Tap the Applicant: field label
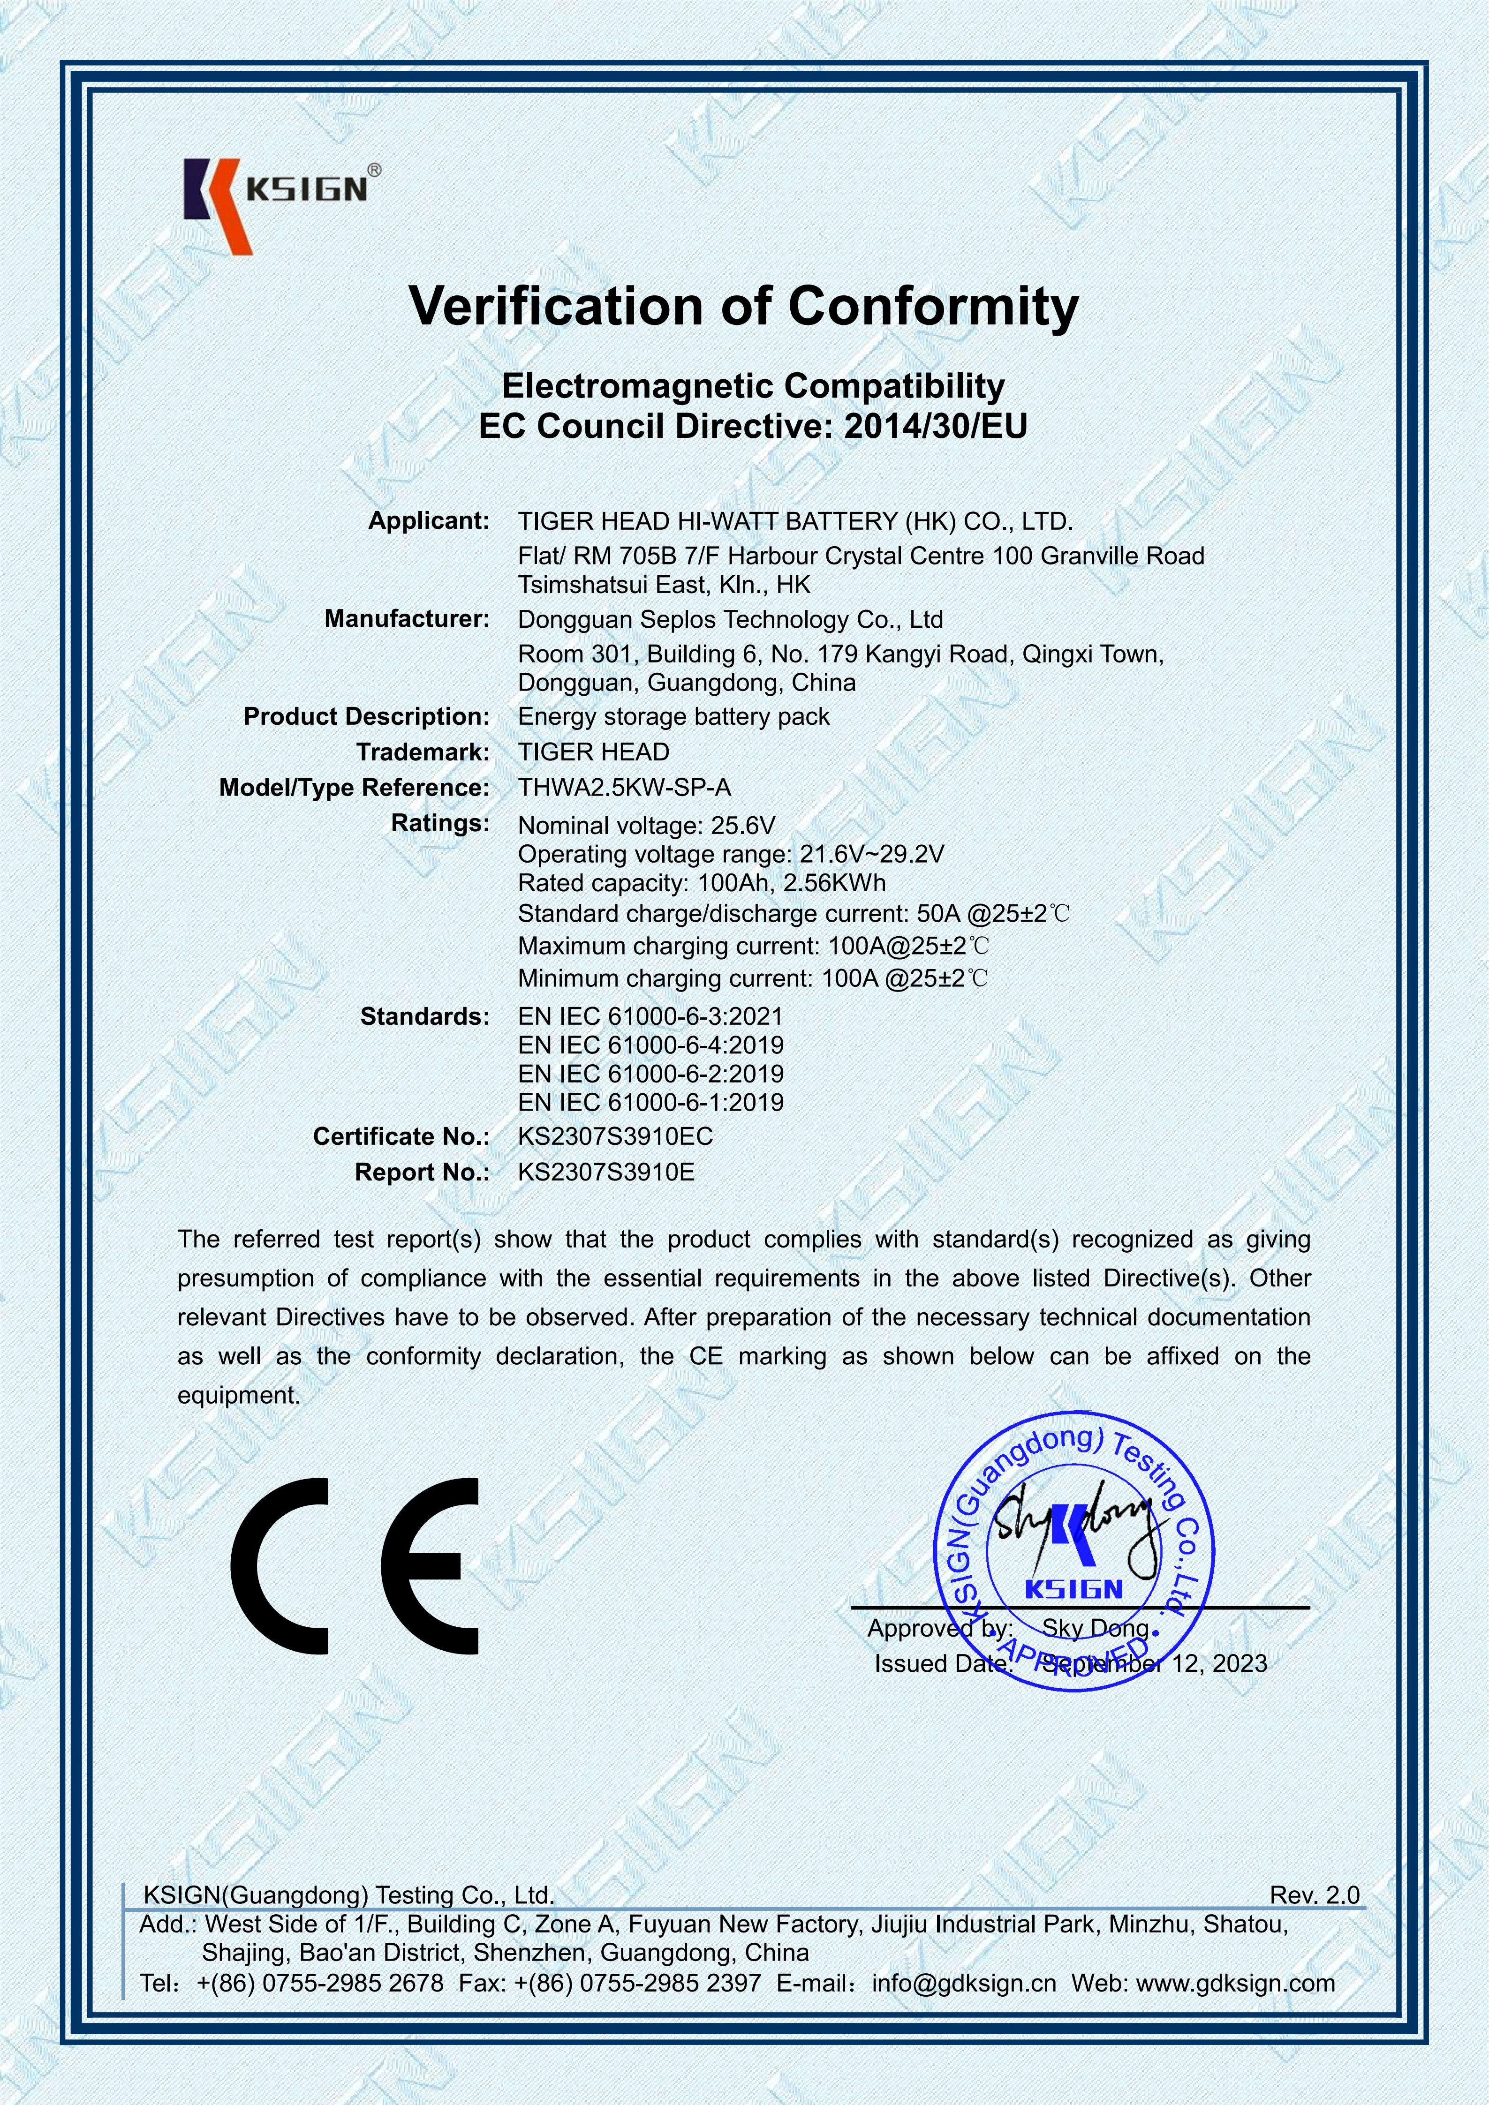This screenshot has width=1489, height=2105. click(x=429, y=521)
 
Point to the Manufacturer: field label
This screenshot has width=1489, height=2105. click(x=407, y=619)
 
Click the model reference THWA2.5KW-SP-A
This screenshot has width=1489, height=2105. click(x=624, y=788)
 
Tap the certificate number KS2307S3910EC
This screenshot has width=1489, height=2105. click(x=615, y=1137)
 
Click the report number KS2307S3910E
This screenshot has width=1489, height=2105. click(x=606, y=1173)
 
